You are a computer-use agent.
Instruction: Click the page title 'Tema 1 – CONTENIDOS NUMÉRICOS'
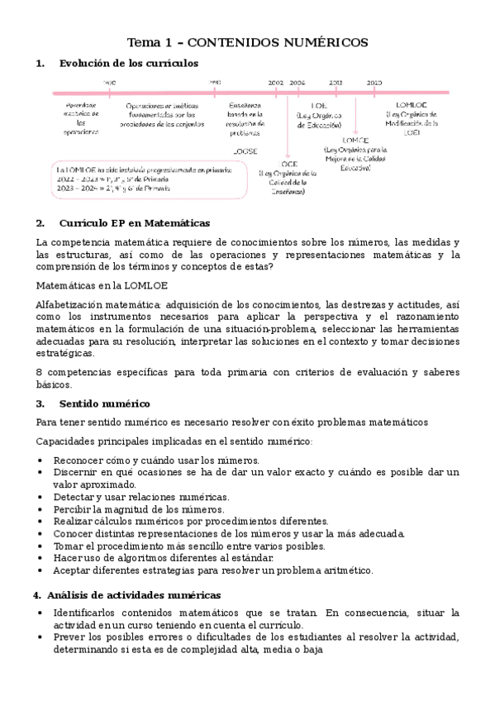[x=247, y=42]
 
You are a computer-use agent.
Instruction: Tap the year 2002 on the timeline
[x=276, y=83]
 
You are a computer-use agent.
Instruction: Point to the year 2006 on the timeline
[x=297, y=83]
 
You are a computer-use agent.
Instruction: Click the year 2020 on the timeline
[x=374, y=83]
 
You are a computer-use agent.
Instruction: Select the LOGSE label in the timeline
[x=245, y=151]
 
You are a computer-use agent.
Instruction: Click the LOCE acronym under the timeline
[x=289, y=164]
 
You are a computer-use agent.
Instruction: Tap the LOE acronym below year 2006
[x=318, y=106]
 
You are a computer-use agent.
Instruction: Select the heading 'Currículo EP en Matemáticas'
[x=135, y=223]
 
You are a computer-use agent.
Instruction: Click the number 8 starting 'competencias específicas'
[x=40, y=372]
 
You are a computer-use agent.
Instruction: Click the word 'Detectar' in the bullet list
[x=74, y=497]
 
